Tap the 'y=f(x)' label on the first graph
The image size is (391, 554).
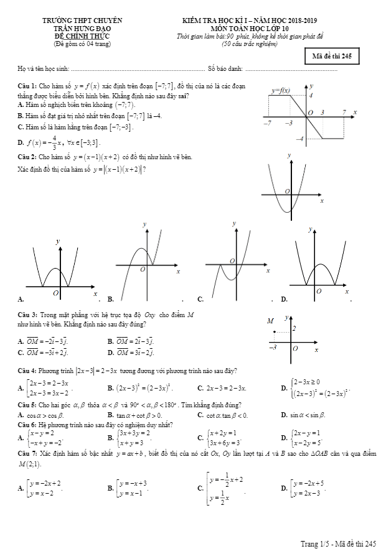[281, 91]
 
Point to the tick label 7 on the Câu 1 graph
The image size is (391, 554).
[344, 111]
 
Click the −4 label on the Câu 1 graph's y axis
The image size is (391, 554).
[300, 138]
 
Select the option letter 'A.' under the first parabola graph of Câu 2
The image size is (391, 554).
[21, 299]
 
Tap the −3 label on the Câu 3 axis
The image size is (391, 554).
[272, 347]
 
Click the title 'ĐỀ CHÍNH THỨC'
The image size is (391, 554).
[78, 35]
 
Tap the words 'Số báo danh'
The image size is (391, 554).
[224, 69]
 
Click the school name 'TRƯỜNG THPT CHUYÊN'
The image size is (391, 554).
[78, 21]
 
